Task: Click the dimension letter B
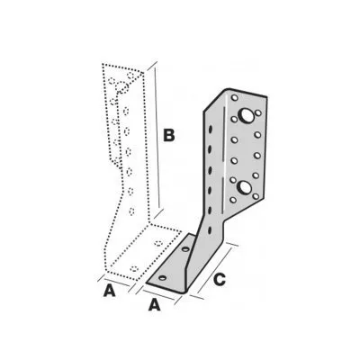click(x=169, y=135)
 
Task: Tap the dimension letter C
click(x=220, y=280)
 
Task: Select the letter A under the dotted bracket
click(x=110, y=291)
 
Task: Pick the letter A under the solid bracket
click(x=155, y=305)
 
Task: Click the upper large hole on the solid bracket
click(x=246, y=115)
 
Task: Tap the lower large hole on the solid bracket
click(x=245, y=187)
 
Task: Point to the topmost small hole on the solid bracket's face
click(x=235, y=98)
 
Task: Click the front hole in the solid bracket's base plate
click(x=163, y=278)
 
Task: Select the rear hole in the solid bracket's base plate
click(x=185, y=249)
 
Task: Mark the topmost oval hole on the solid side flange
click(x=211, y=129)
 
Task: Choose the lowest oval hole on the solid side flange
click(x=210, y=230)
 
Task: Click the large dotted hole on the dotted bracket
click(x=122, y=87)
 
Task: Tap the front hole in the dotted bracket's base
click(x=135, y=268)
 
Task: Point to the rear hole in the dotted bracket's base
click(x=158, y=242)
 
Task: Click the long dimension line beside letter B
click(x=157, y=138)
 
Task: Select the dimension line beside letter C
click(x=215, y=271)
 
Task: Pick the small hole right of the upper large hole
click(x=258, y=113)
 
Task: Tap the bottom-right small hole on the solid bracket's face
click(x=256, y=196)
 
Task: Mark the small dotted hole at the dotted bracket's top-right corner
click(x=130, y=75)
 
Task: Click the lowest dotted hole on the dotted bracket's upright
click(x=131, y=211)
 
